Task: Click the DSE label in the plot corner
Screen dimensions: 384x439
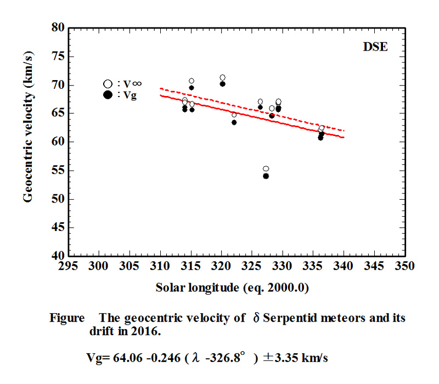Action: [x=375, y=47]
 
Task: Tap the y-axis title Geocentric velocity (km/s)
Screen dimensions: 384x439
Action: [x=28, y=141]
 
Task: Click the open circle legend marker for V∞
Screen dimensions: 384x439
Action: [x=108, y=84]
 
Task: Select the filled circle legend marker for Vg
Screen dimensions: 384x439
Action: [x=108, y=94]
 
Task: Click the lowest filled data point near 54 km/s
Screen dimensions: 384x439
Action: [x=266, y=176]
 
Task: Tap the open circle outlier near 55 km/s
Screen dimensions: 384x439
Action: [x=266, y=169]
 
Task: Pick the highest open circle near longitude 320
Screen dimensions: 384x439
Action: [x=222, y=77]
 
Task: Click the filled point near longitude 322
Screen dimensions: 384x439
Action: [x=234, y=122]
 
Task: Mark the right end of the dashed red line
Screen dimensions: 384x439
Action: [x=344, y=131]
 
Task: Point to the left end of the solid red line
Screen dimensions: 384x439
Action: [x=160, y=95]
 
